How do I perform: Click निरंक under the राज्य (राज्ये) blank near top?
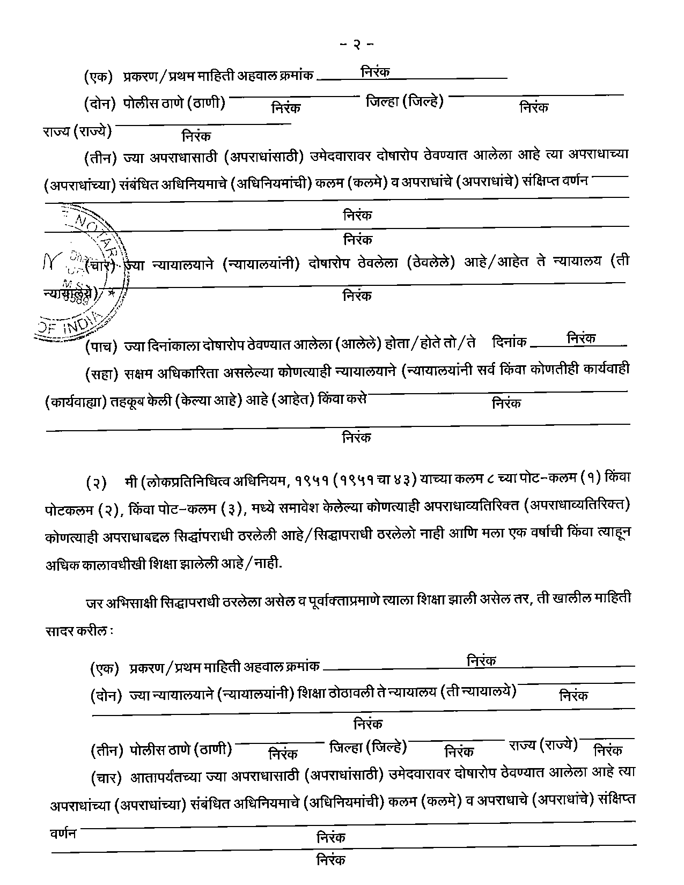click(196, 136)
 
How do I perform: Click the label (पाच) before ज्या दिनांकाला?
click(101, 346)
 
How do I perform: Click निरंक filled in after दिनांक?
click(581, 338)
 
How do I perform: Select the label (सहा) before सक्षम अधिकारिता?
click(101, 374)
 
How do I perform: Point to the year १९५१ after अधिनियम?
click(310, 480)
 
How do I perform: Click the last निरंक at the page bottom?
click(331, 860)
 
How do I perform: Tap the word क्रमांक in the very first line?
click(296, 76)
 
